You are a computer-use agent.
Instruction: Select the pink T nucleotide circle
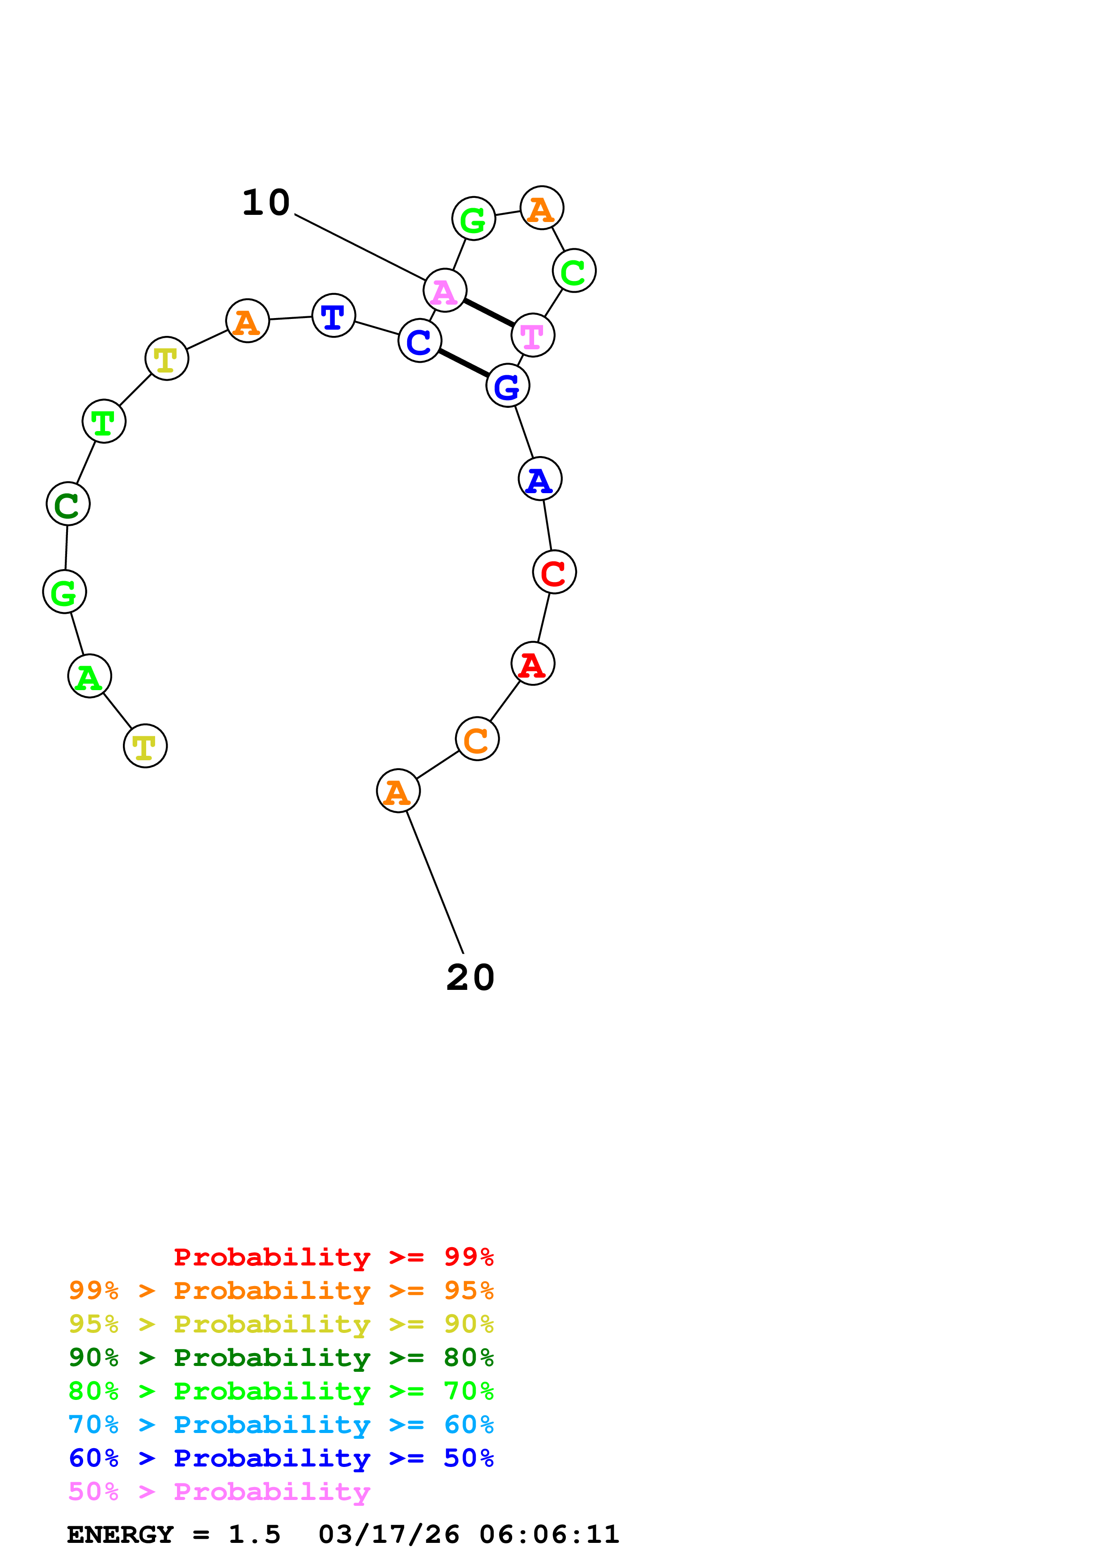[532, 335]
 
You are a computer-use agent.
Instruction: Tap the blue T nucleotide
[333, 315]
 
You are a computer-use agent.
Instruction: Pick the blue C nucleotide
[419, 340]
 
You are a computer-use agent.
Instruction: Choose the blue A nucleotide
[540, 479]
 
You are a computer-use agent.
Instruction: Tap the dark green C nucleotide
[67, 504]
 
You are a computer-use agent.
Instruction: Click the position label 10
[266, 203]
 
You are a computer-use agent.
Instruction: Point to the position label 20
[470, 977]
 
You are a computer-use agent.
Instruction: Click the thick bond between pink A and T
[489, 313]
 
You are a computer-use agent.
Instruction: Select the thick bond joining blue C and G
[463, 363]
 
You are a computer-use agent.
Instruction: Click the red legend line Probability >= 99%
[333, 1257]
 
